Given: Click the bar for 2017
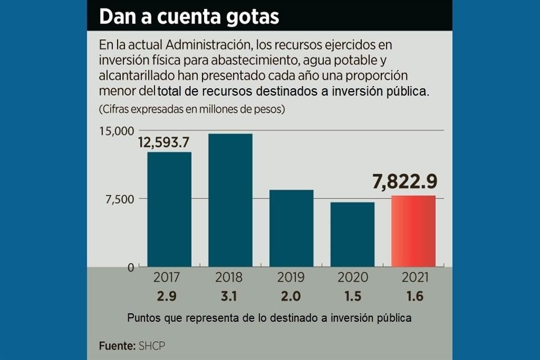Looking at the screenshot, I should pyautogui.click(x=169, y=209).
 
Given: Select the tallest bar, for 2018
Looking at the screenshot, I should pyautogui.click(x=230, y=200).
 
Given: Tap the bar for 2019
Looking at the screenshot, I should pyautogui.click(x=291, y=228).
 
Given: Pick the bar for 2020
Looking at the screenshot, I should pyautogui.click(x=352, y=234).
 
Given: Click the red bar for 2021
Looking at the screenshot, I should pyautogui.click(x=413, y=231).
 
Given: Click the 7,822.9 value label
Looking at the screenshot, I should pyautogui.click(x=404, y=182).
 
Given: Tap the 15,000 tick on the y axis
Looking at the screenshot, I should pyautogui.click(x=117, y=131).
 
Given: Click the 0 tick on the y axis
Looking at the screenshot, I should pyautogui.click(x=130, y=267).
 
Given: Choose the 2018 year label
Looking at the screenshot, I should pyautogui.click(x=229, y=277).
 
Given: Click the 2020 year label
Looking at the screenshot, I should pyautogui.click(x=353, y=277).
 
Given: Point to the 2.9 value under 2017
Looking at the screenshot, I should pyautogui.click(x=166, y=296).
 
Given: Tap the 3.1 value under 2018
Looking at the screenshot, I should pyautogui.click(x=229, y=296).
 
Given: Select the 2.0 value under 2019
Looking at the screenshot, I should pyautogui.click(x=291, y=296).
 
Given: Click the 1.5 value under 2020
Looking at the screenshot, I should pyautogui.click(x=353, y=296).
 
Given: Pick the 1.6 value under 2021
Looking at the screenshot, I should pyautogui.click(x=413, y=296).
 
